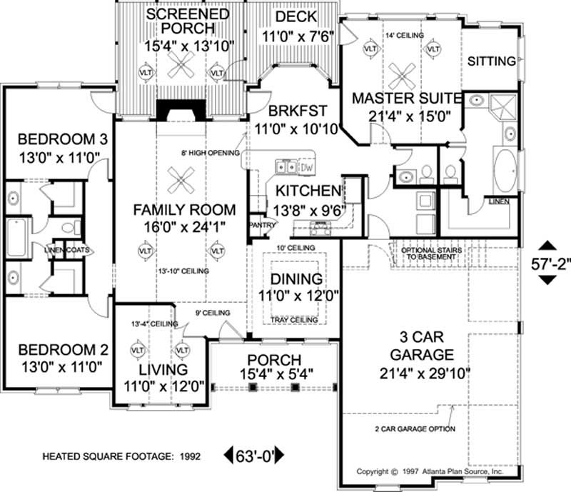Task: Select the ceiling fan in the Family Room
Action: coord(177,180)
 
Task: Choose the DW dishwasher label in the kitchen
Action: coord(307,167)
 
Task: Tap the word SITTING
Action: coord(491,61)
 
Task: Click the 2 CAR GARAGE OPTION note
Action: coord(413,428)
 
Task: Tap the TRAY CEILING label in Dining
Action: coord(295,319)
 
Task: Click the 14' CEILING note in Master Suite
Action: coord(405,34)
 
